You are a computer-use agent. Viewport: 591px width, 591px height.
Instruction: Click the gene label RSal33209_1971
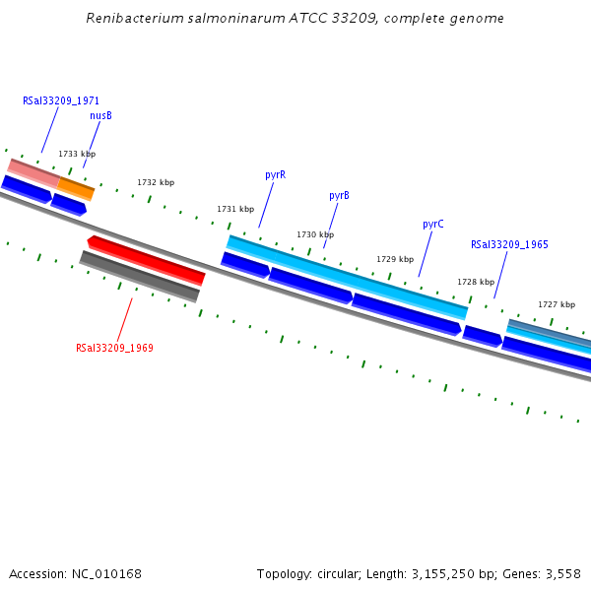point(61,100)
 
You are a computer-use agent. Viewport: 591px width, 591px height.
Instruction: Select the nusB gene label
point(100,115)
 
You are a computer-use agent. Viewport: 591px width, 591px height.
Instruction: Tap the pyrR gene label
point(275,174)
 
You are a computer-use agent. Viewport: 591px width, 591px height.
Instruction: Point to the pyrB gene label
point(339,195)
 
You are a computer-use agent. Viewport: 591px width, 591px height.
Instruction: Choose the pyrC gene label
point(433,224)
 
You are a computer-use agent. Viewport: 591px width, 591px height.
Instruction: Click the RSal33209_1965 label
point(509,244)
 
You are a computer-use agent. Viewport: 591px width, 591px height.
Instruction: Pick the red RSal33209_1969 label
point(114,348)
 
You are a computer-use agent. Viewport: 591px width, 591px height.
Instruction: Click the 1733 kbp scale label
point(77,154)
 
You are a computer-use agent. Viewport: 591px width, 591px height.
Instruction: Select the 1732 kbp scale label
point(156,182)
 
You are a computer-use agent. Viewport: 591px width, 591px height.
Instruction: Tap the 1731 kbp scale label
point(235,209)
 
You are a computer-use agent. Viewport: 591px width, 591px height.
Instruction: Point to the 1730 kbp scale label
point(315,234)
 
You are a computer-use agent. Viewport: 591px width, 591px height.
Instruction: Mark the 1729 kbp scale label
point(395,259)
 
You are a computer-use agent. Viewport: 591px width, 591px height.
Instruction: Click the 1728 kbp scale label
point(476,282)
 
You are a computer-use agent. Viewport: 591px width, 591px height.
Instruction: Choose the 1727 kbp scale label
point(557,304)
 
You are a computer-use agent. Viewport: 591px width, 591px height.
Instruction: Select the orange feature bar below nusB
point(76,187)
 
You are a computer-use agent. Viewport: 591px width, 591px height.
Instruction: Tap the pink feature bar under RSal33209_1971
point(33,171)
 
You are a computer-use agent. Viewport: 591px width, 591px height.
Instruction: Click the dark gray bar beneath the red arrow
point(140,277)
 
